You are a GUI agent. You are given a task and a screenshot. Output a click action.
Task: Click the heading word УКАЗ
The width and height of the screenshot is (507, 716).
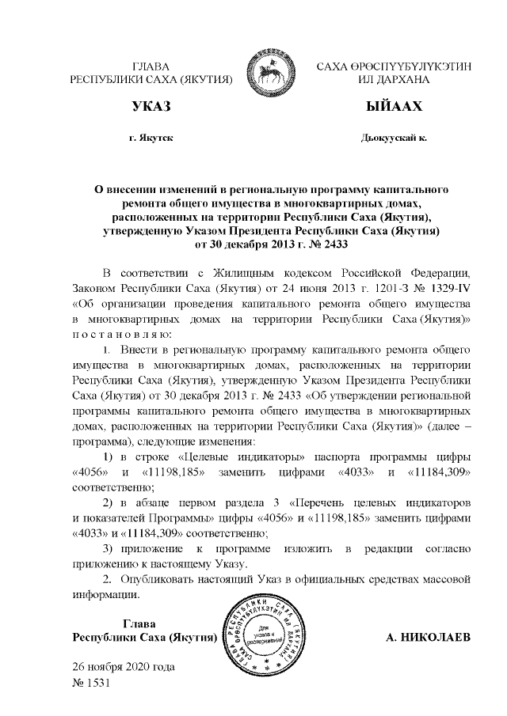click(x=152, y=107)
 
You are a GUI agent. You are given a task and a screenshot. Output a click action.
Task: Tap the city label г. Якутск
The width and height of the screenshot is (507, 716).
click(x=151, y=138)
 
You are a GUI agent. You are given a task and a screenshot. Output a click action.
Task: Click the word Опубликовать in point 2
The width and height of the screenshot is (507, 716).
click(x=157, y=580)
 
